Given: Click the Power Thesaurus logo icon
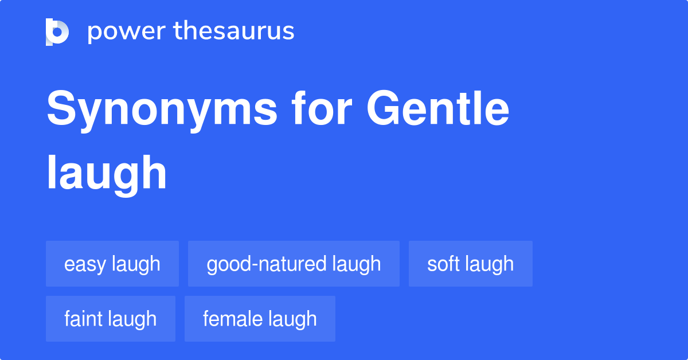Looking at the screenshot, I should click(57, 32).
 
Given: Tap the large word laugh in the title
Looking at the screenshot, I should click(107, 173).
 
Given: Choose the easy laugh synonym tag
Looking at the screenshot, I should click(112, 264).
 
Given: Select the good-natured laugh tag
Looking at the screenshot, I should click(294, 264).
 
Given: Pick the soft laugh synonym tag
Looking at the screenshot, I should click(470, 264).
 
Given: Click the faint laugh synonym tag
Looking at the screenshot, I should click(111, 319).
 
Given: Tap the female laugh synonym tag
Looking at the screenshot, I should click(260, 319).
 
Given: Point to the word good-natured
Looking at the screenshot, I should click(267, 264).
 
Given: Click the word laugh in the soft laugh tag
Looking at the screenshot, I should click(490, 264).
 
